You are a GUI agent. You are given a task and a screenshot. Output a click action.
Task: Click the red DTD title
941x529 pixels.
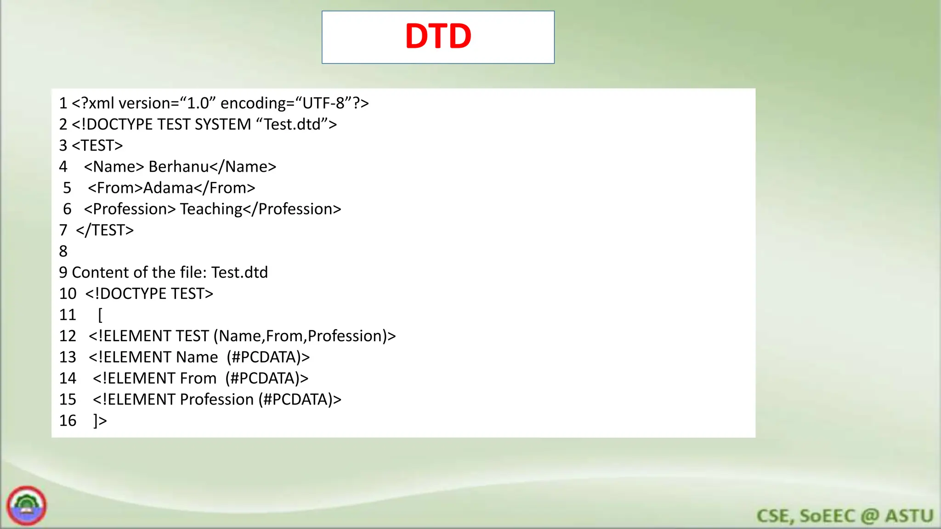(438, 36)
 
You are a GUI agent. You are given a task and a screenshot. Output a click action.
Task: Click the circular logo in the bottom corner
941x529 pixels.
(27, 506)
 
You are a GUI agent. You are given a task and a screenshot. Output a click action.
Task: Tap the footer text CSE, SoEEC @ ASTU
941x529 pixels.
(845, 516)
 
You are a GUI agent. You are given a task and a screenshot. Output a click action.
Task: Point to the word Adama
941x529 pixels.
(168, 188)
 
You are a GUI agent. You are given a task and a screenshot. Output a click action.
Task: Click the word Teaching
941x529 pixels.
(211, 209)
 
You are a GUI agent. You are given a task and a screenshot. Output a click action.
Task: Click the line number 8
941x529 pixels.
(63, 251)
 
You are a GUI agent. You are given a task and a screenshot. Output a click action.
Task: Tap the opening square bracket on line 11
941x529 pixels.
(100, 315)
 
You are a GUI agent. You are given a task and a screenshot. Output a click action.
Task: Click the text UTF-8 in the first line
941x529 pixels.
(323, 103)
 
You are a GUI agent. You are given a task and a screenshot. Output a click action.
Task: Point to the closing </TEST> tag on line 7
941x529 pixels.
(105, 230)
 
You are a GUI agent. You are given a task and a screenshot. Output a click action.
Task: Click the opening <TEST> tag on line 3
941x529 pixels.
(97, 146)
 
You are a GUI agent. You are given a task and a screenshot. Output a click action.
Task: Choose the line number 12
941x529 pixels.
(68, 336)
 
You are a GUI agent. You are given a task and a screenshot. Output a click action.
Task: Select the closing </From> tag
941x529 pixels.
(224, 188)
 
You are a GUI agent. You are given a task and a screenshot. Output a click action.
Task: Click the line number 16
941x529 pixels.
(68, 421)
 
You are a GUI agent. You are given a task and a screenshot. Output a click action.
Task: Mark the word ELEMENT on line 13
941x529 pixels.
(135, 357)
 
